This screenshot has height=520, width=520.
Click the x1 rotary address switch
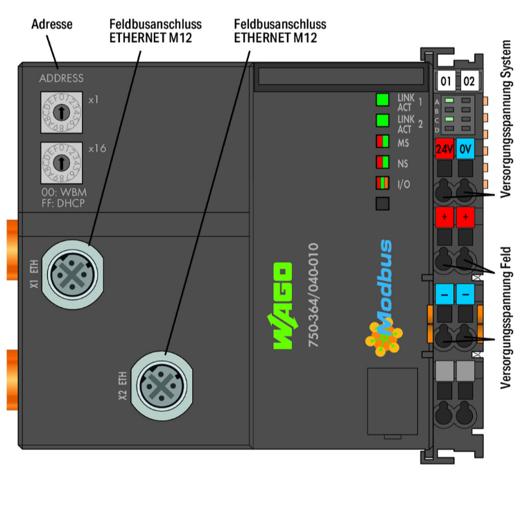pos(62,111)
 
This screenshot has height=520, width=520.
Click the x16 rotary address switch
pos(62,162)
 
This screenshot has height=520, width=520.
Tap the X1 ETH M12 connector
pos(70,275)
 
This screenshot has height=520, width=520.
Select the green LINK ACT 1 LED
pos(382,99)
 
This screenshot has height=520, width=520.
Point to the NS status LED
pos(382,163)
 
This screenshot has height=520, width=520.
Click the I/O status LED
pos(382,184)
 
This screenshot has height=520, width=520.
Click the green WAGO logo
pos(282,306)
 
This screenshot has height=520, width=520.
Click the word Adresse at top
pos(53,24)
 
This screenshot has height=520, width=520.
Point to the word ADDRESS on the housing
pos(61,78)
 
